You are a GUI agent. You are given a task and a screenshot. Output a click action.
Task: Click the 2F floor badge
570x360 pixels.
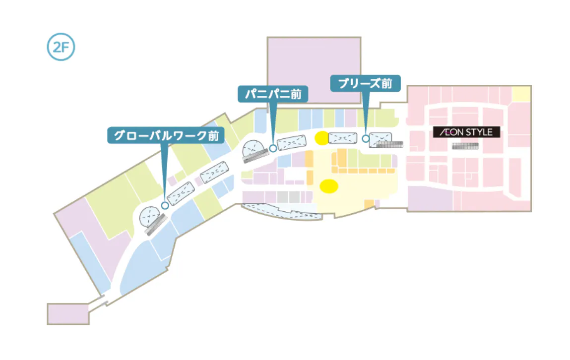point(61,47)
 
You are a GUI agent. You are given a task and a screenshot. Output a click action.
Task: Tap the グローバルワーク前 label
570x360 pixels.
point(165,135)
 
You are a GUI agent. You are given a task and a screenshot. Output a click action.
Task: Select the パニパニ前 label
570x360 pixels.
point(273,94)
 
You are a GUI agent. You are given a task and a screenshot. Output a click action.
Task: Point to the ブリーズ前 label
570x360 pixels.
point(365,83)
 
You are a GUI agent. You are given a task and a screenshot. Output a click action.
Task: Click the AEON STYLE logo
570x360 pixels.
point(466,132)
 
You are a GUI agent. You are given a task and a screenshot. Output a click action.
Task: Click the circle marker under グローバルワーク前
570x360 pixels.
point(165,205)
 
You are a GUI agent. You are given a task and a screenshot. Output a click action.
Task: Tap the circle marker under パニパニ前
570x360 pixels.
point(273,148)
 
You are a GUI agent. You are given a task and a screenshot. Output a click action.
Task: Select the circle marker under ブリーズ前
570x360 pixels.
point(366,139)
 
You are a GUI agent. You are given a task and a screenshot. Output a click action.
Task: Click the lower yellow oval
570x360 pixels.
point(328,186)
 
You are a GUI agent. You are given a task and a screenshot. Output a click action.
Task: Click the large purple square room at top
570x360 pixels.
point(314,70)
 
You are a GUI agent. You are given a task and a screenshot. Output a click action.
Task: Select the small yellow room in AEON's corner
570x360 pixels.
point(520,93)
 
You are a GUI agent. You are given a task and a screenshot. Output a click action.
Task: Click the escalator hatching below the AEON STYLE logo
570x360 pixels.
point(465,146)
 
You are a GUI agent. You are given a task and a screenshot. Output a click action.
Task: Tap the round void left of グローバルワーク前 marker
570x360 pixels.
point(150,217)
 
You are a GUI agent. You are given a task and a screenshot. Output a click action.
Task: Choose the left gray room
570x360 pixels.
point(282,197)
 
